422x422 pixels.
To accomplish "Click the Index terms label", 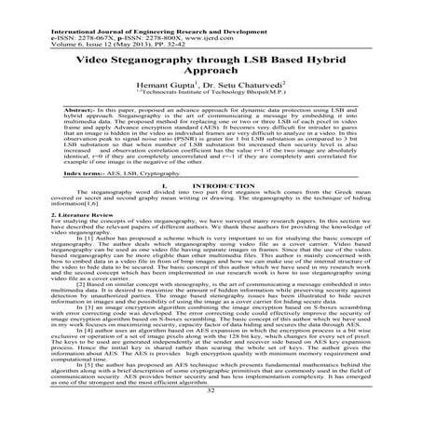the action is click(x=48, y=199).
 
